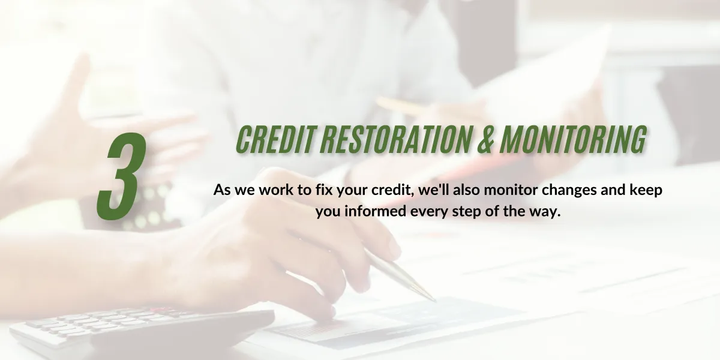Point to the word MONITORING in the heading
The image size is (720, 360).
pyautogui.click(x=573, y=139)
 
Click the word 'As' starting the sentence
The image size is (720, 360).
pyautogui.click(x=221, y=190)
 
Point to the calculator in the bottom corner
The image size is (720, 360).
pyautogui.click(x=142, y=331)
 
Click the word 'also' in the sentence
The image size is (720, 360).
pyautogui.click(x=467, y=190)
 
